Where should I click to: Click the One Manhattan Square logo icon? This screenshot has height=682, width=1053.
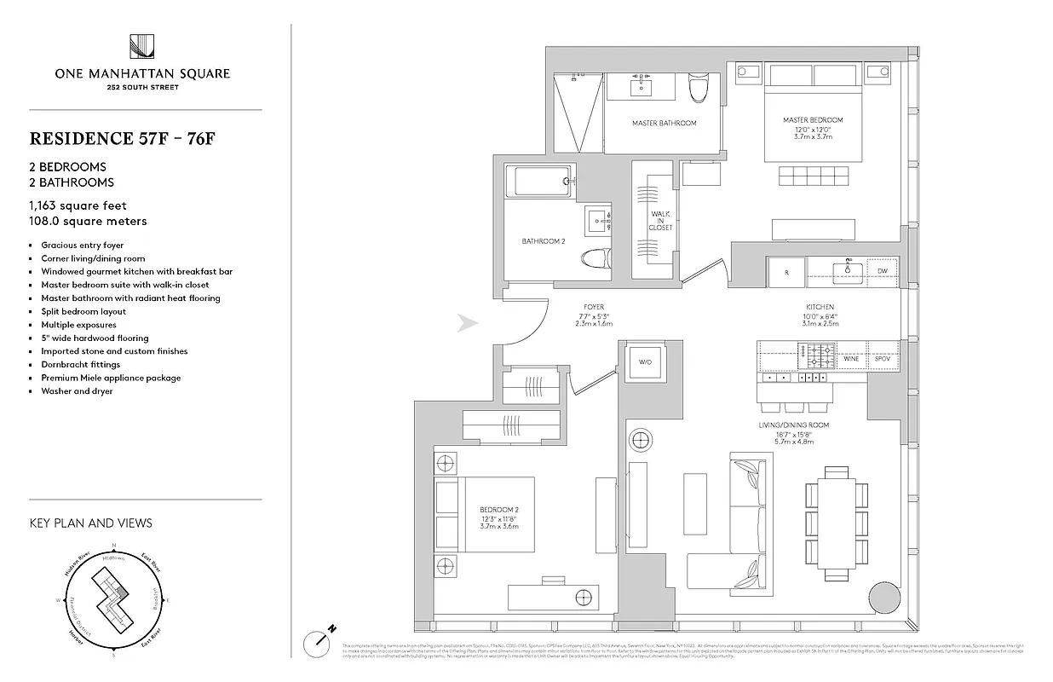pos(141,47)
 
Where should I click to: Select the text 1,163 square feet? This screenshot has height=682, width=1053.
pos(78,205)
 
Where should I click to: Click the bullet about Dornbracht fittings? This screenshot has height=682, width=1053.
pos(81,364)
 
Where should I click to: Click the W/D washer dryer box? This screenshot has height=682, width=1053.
pos(645,361)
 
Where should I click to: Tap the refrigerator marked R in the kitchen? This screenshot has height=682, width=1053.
pos(786,271)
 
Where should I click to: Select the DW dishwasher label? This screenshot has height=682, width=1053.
pos(881,271)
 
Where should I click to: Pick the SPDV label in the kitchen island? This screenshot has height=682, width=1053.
pos(882,360)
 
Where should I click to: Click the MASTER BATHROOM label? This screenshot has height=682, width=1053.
pos(664,124)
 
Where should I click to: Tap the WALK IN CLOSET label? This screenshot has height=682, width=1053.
pos(661,221)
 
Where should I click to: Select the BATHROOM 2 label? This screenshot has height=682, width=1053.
pos(543,241)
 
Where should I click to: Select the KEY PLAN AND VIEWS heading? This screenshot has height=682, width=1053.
pos(90,523)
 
